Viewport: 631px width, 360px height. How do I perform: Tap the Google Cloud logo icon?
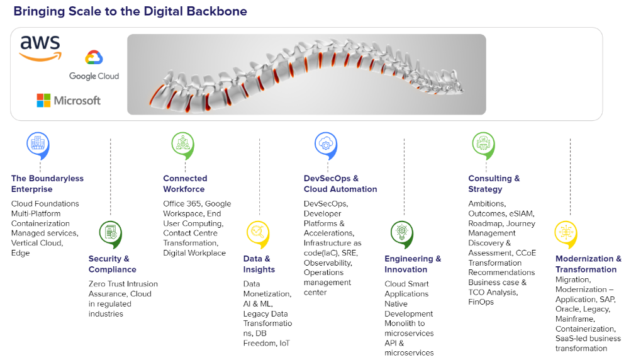click(x=94, y=58)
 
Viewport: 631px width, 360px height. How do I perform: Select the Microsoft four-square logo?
click(x=43, y=100)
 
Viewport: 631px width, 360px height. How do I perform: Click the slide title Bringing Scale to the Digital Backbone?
click(x=130, y=11)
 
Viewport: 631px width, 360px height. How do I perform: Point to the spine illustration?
click(x=306, y=74)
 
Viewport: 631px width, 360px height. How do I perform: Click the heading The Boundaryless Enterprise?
click(x=47, y=184)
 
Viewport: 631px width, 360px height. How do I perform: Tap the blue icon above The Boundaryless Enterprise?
click(x=38, y=143)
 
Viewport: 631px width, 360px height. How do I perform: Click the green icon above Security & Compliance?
click(x=111, y=232)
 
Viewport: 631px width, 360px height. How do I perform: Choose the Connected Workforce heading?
click(x=185, y=184)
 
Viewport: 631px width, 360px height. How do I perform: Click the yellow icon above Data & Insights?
click(x=257, y=232)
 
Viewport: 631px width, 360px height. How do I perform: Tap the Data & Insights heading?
click(x=259, y=264)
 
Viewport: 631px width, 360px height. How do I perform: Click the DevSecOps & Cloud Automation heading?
click(x=340, y=184)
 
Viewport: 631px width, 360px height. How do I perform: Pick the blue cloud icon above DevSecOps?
click(x=326, y=143)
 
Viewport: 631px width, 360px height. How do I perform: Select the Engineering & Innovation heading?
click(x=413, y=264)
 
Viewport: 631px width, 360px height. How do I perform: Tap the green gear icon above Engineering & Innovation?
click(x=402, y=232)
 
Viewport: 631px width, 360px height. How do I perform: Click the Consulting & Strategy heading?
click(x=494, y=184)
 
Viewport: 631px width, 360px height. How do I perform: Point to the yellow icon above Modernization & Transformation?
click(x=565, y=232)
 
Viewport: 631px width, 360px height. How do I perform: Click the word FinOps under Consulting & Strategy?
click(x=481, y=302)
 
